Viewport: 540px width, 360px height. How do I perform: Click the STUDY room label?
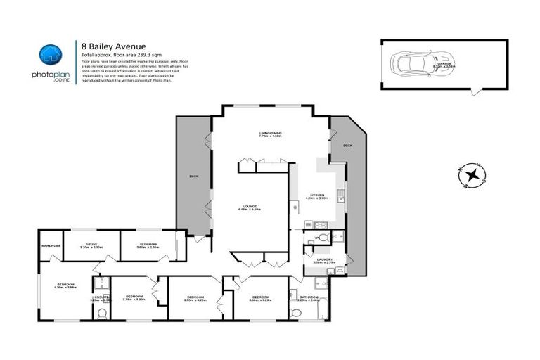[91, 246]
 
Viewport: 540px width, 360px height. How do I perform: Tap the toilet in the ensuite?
[103, 312]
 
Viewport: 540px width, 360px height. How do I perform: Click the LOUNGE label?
[250, 205]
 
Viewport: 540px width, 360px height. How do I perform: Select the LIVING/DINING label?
[270, 134]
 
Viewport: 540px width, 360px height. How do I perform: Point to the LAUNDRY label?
[324, 259]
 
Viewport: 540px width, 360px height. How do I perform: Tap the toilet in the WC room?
[323, 237]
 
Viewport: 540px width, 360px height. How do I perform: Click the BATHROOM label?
[308, 297]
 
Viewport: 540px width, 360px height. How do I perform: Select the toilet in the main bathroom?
[294, 311]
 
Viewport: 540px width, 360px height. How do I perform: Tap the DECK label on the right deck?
[347, 146]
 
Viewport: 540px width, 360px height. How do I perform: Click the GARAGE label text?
[444, 64]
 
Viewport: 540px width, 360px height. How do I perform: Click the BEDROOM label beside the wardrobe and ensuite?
[64, 285]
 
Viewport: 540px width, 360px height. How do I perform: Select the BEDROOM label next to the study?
[146, 246]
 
